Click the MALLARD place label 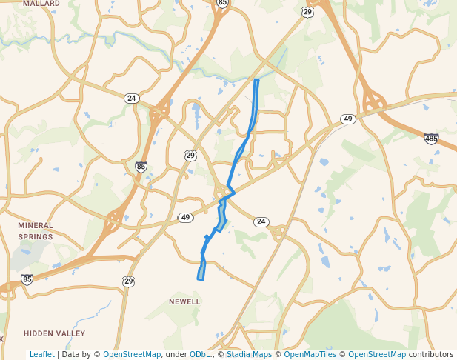(41, 4)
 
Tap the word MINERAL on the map (36, 225)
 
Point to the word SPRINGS (36, 236)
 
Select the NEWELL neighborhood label (184, 301)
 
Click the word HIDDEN (39, 333)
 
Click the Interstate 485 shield (431, 139)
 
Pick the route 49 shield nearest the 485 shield (348, 119)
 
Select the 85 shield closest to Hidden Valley (27, 279)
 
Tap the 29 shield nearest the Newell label (129, 281)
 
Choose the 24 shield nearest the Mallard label (131, 98)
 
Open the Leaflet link (41, 354)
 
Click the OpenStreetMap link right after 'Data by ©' (132, 354)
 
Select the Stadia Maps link (248, 354)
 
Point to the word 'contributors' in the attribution (430, 354)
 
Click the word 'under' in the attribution (175, 354)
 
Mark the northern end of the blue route (256, 80)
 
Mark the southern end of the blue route (199, 279)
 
